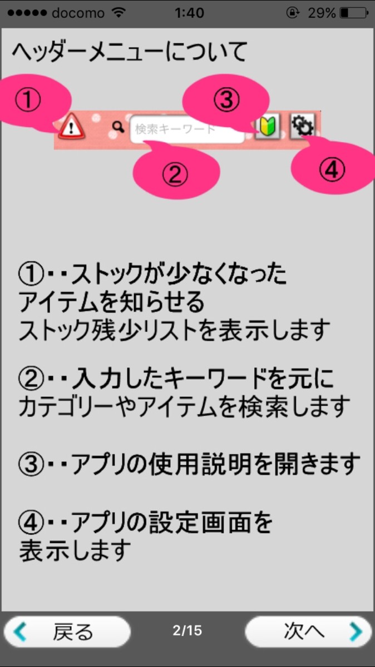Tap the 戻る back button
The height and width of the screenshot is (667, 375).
click(x=67, y=631)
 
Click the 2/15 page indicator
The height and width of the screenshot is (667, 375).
click(x=187, y=630)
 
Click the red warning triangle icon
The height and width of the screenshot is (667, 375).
click(x=71, y=127)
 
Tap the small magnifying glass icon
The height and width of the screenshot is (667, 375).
click(x=117, y=128)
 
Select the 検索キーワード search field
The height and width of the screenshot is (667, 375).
click(x=187, y=130)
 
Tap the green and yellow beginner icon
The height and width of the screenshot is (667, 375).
click(x=267, y=127)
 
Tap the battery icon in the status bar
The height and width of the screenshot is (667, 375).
click(x=353, y=13)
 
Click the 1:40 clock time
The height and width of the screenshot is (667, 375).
click(x=189, y=13)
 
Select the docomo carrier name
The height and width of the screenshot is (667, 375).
click(x=78, y=13)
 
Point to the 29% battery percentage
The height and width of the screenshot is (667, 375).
click(x=322, y=13)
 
